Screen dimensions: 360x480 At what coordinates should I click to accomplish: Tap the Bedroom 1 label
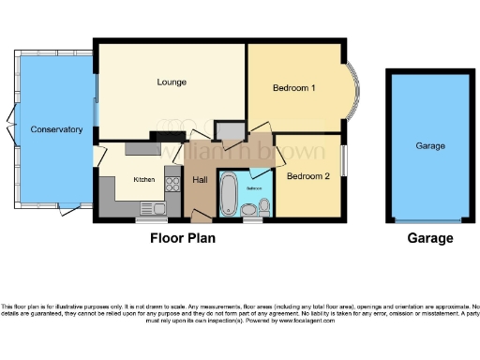(x=293, y=88)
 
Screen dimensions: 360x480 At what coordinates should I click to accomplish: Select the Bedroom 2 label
(x=308, y=175)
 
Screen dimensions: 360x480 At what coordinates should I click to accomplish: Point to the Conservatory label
(x=56, y=129)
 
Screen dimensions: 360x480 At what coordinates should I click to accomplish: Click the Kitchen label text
(x=143, y=179)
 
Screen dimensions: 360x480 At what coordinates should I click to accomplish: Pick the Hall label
(x=201, y=179)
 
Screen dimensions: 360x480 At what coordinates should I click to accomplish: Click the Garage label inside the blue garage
(x=430, y=146)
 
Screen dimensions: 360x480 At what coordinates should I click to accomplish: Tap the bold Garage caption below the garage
(x=430, y=238)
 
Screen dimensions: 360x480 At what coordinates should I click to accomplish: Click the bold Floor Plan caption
(x=183, y=238)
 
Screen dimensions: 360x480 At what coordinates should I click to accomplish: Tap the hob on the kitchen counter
(x=172, y=184)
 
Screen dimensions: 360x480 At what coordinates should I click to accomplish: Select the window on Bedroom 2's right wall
(x=341, y=160)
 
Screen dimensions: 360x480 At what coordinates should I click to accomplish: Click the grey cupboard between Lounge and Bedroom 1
(x=229, y=130)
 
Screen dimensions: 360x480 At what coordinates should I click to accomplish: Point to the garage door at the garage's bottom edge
(x=430, y=221)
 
